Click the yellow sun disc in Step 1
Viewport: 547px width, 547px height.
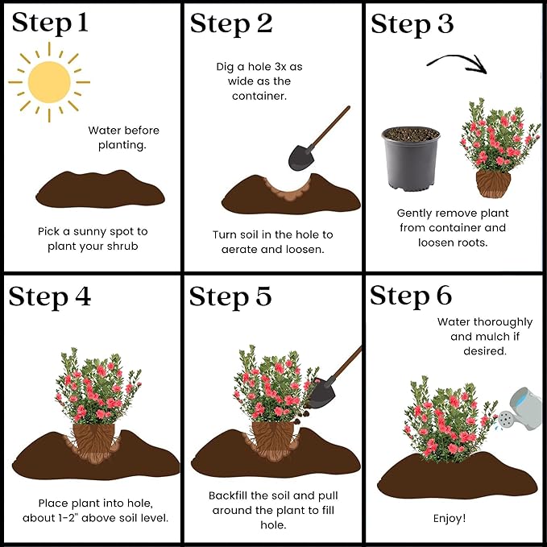point(49,82)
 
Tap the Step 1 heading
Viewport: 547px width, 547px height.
point(50,23)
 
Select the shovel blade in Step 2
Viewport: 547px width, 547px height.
point(301,157)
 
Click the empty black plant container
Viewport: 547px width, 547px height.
point(411,159)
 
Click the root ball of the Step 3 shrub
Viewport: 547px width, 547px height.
point(493,184)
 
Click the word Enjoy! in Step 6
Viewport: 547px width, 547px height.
point(450,518)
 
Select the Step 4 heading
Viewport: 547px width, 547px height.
point(49,297)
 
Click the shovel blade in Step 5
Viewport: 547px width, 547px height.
point(321,393)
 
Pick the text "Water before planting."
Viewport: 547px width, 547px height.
point(123,138)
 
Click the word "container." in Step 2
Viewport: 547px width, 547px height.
point(259,96)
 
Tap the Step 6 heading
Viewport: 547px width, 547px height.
point(411,296)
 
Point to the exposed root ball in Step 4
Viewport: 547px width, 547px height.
point(94,442)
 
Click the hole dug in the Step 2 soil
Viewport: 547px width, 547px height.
point(287,190)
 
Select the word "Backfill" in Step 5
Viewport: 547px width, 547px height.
point(228,495)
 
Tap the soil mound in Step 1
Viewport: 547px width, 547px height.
point(100,189)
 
